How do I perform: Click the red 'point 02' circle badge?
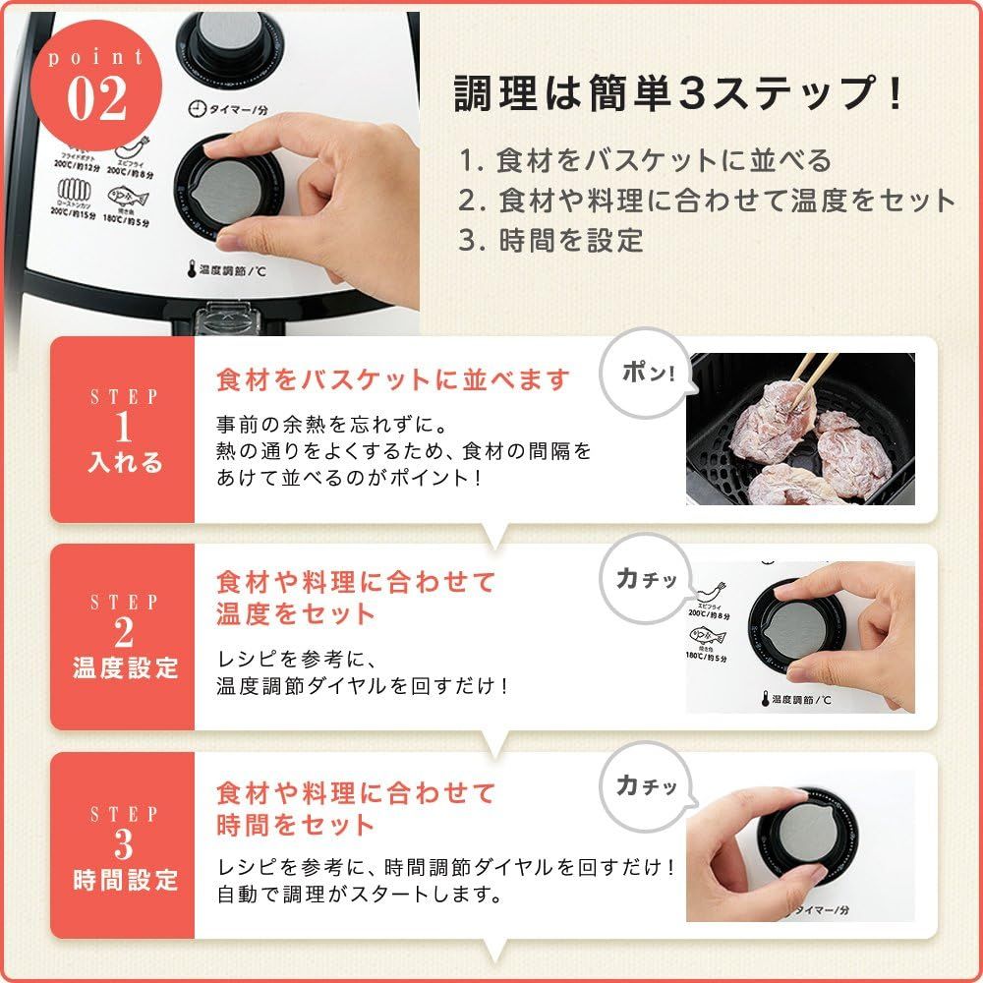click(96, 87)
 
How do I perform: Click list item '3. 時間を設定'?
click(551, 240)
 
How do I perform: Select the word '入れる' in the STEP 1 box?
click(125, 462)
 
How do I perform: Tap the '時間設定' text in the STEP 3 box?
click(125, 878)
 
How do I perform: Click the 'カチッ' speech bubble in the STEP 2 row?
click(645, 581)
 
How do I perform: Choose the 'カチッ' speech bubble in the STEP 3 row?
click(645, 786)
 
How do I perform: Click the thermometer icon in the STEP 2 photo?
click(763, 700)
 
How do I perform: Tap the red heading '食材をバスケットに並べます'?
click(393, 380)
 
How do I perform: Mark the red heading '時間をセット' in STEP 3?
click(296, 824)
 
